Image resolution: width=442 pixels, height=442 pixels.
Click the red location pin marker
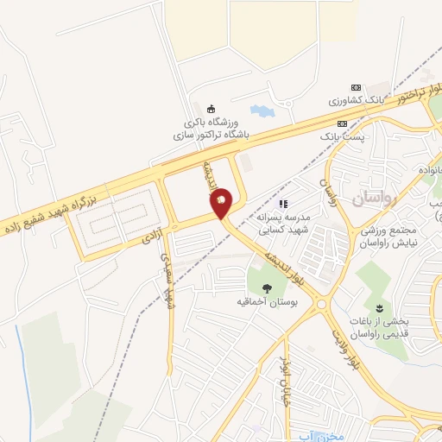(x=222, y=202)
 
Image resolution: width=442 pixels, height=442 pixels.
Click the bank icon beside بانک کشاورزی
(x=354, y=88)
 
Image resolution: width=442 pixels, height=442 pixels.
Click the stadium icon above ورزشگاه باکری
(x=211, y=109)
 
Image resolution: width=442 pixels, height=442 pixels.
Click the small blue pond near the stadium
(x=260, y=110)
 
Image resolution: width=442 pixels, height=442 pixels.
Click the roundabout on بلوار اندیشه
(x=321, y=301)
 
